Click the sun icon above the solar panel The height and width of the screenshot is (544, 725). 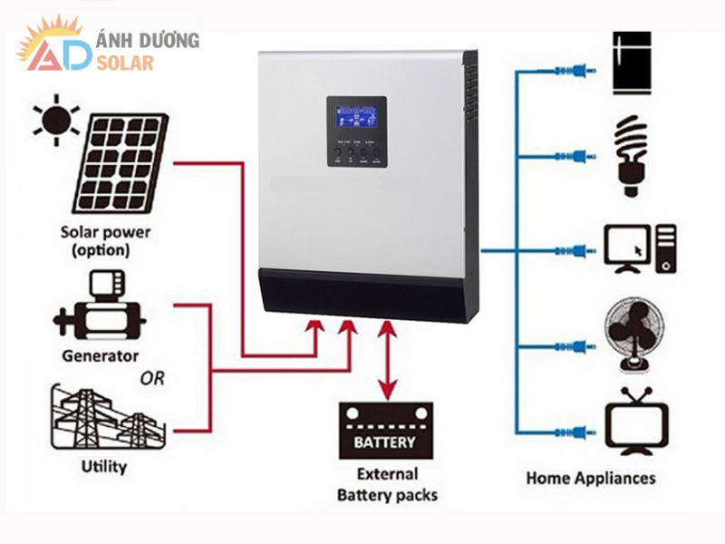pyautogui.click(x=54, y=120)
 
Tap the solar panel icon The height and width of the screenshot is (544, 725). pyautogui.click(x=121, y=160)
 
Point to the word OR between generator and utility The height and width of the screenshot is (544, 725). pyautogui.click(x=152, y=378)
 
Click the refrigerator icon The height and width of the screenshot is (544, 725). pyautogui.click(x=633, y=63)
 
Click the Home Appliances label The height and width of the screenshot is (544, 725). pyautogui.click(x=591, y=478)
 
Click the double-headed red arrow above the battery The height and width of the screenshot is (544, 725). pyautogui.click(x=388, y=358)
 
